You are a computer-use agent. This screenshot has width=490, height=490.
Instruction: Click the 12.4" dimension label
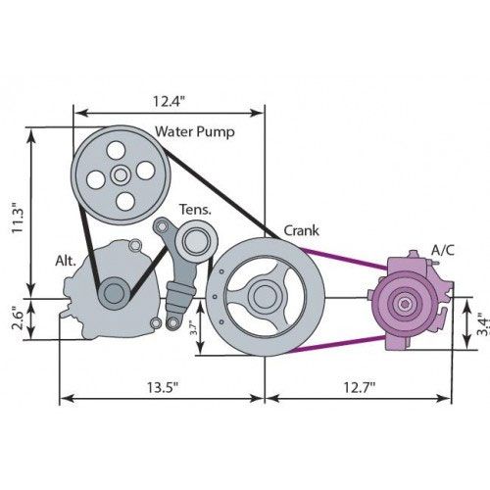169,101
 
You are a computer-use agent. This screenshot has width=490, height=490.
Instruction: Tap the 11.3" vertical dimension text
18,218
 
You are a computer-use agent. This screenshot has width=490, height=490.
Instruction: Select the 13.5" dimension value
163,387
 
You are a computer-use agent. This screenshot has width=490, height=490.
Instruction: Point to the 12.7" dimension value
359,387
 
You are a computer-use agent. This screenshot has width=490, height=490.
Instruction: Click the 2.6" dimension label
18,318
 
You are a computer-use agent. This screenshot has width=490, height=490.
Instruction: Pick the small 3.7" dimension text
193,328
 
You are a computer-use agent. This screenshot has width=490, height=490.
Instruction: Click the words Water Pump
195,131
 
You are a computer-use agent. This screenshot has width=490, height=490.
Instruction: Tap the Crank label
301,230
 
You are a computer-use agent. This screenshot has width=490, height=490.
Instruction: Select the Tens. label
195,210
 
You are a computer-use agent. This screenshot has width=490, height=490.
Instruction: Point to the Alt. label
66,261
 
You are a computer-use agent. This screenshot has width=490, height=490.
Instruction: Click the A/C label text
443,250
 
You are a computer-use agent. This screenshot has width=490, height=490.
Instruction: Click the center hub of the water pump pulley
121,175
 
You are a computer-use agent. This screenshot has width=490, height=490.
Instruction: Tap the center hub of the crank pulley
266,296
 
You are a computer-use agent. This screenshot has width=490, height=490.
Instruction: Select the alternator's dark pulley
114,293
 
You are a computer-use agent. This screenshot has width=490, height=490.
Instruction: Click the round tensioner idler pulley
196,241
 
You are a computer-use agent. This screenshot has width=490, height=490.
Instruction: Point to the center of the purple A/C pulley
405,304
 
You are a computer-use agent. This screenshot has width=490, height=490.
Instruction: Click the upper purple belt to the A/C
344,260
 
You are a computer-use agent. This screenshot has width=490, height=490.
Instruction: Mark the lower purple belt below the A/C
337,344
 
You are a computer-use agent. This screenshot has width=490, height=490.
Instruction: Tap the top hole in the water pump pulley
116,150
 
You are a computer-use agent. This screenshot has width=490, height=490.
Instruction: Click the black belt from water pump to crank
220,193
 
